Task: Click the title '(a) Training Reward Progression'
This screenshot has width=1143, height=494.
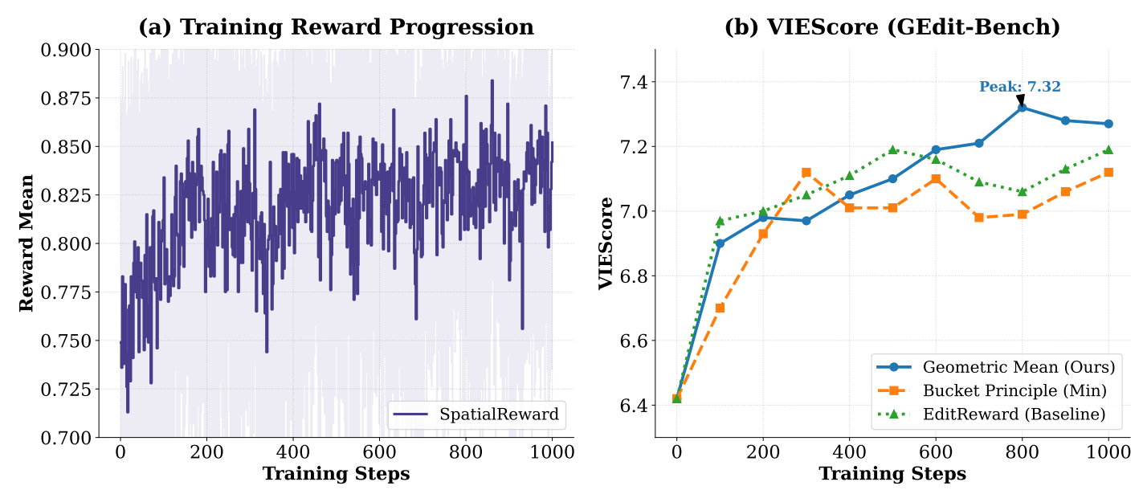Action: click(336, 27)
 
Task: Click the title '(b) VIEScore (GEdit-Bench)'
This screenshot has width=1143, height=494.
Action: click(892, 27)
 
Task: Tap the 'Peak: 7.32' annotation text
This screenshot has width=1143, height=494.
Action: click(1019, 87)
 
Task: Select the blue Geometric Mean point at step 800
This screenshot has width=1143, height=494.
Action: click(1022, 107)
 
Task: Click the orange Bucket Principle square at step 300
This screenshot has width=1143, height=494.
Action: click(806, 172)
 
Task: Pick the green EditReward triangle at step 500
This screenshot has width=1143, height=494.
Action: click(892, 149)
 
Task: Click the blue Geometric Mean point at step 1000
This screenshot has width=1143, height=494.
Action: click(1108, 124)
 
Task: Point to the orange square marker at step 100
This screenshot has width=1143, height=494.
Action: click(720, 308)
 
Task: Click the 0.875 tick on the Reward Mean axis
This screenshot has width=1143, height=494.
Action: click(67, 98)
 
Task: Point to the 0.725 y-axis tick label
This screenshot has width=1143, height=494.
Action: click(67, 390)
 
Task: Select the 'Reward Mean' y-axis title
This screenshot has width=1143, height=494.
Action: click(27, 243)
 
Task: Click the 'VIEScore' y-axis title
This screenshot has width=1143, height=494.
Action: click(606, 243)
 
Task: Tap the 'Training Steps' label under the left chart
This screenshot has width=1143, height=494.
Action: click(336, 474)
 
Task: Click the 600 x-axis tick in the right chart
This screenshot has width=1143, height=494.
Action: click(935, 452)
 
